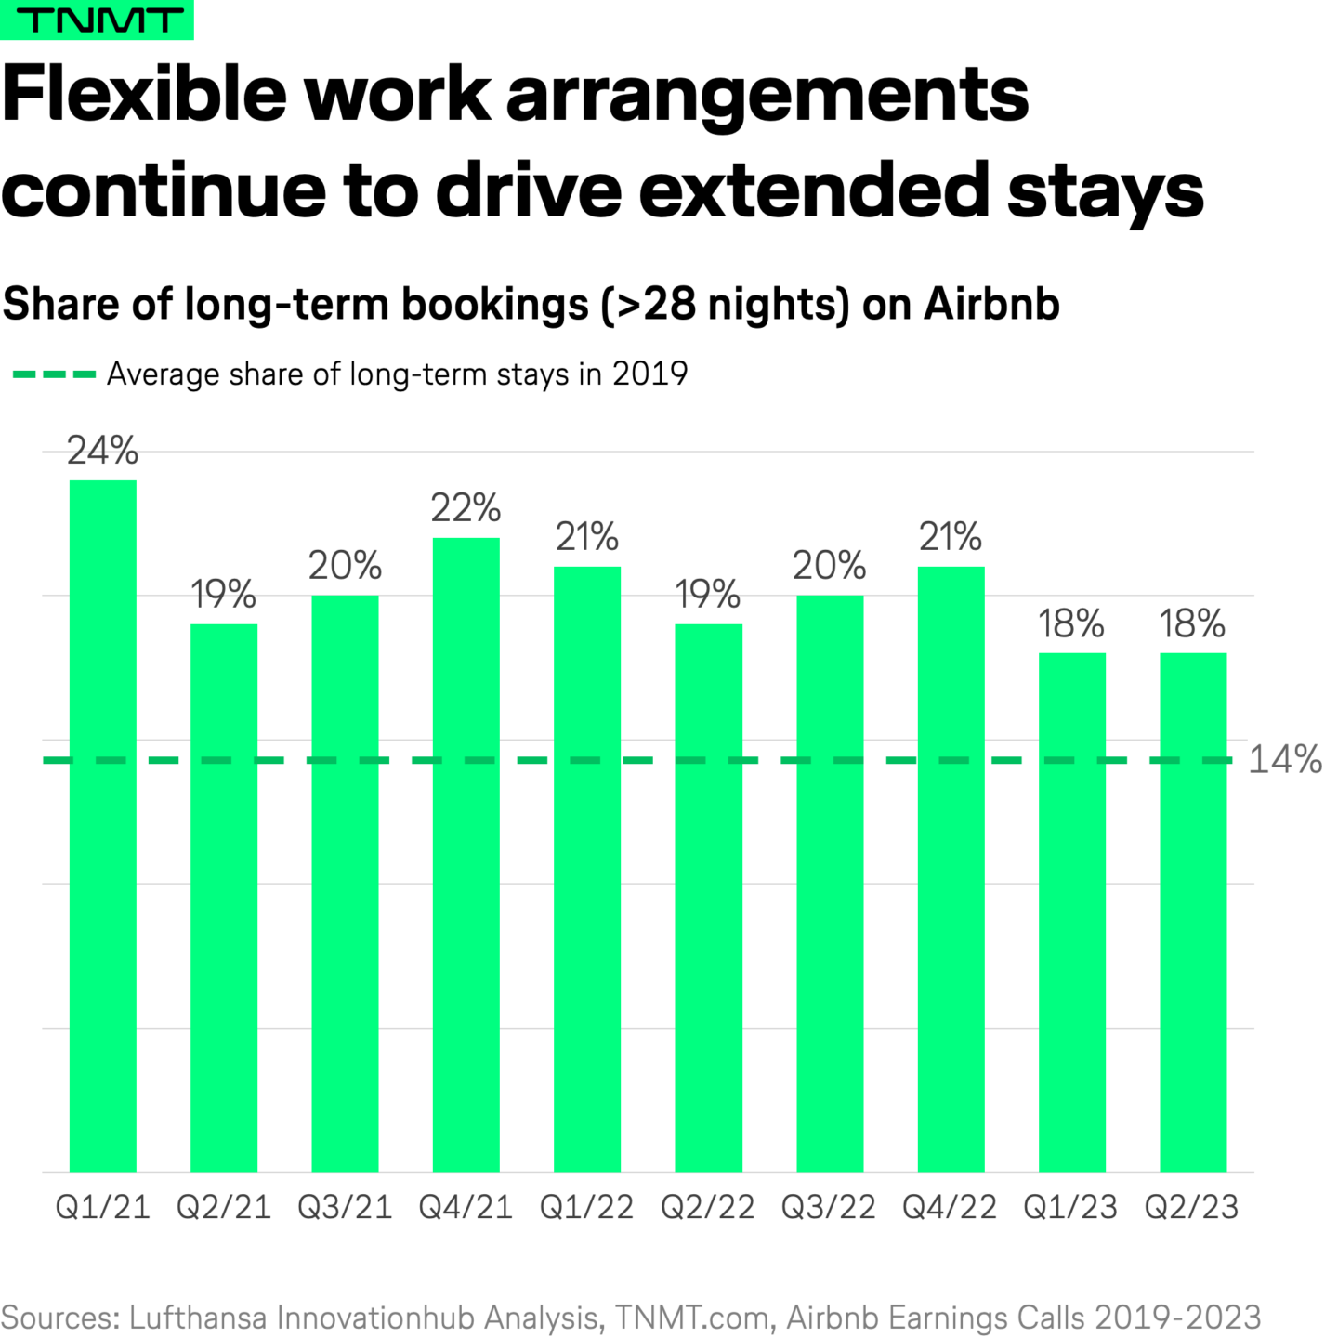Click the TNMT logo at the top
point(97,20)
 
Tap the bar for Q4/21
point(466,855)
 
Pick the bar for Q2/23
point(1193,911)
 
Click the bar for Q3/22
point(830,883)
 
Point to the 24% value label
point(103,451)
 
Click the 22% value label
point(466,508)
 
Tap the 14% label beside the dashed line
point(1285,760)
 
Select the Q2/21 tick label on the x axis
point(224,1207)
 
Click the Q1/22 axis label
point(587,1207)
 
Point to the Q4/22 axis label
point(950,1207)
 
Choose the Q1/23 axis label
point(1070,1207)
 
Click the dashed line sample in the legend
point(54,374)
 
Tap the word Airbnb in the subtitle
point(991,304)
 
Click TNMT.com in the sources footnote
point(692,1318)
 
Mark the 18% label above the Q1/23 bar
point(1071,623)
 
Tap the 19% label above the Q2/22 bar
point(708,595)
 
